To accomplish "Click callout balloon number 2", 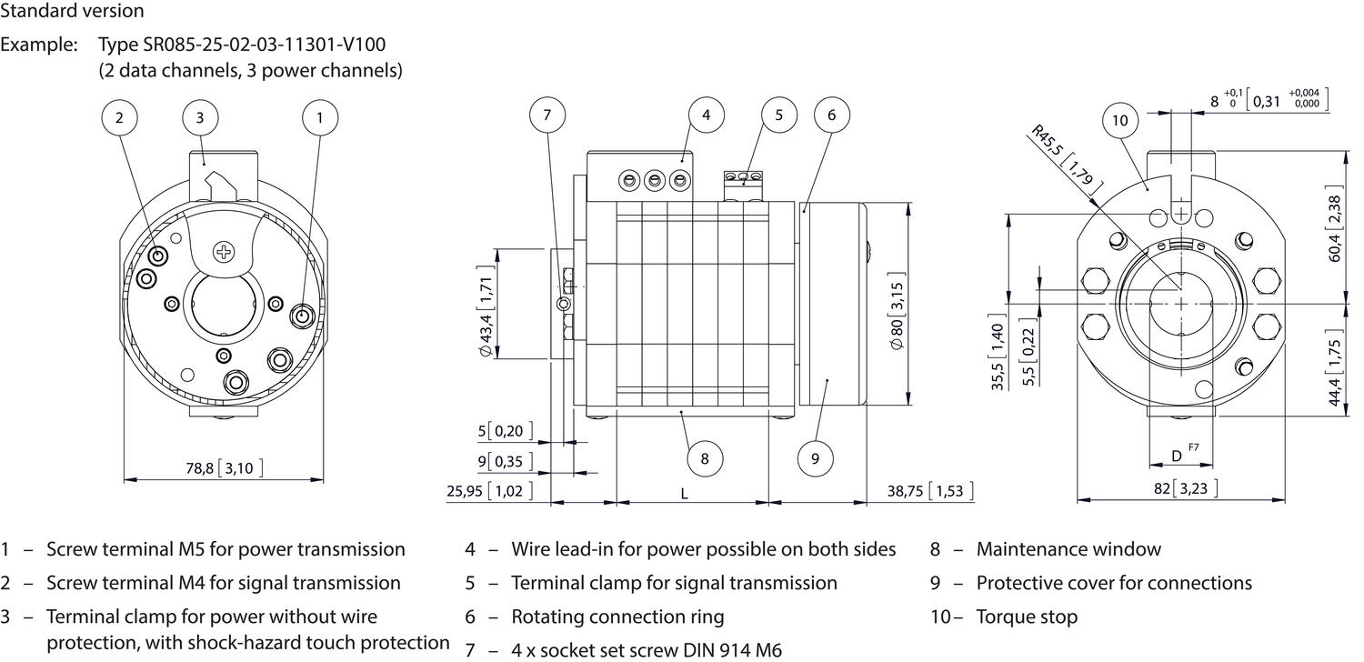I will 120,116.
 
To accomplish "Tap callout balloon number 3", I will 200,116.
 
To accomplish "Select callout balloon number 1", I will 319,116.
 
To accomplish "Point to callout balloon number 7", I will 547,115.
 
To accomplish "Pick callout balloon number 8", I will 705,458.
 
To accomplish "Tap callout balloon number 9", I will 814,458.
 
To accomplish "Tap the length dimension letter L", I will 684,493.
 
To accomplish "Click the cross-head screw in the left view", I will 223,250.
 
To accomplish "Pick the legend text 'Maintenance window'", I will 1068,549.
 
